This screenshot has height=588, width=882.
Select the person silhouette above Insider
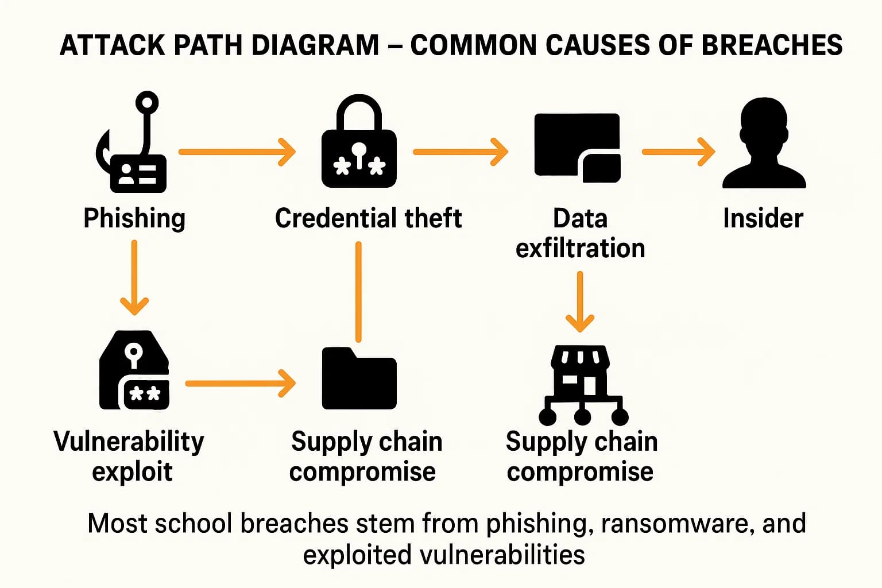[764, 144]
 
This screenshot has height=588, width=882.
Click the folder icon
[359, 379]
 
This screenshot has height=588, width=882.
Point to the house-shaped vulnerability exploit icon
[134, 370]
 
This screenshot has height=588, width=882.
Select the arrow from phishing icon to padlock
[237, 152]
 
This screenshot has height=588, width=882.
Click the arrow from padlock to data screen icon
[460, 152]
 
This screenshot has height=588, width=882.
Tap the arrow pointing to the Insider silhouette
[678, 152]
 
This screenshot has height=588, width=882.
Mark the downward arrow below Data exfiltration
[580, 301]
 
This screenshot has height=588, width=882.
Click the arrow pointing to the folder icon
[240, 383]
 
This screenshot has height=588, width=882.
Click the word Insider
[763, 219]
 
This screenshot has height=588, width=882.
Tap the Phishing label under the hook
[134, 219]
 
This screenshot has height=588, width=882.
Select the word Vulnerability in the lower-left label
[129, 442]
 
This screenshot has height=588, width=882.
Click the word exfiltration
[580, 249]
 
